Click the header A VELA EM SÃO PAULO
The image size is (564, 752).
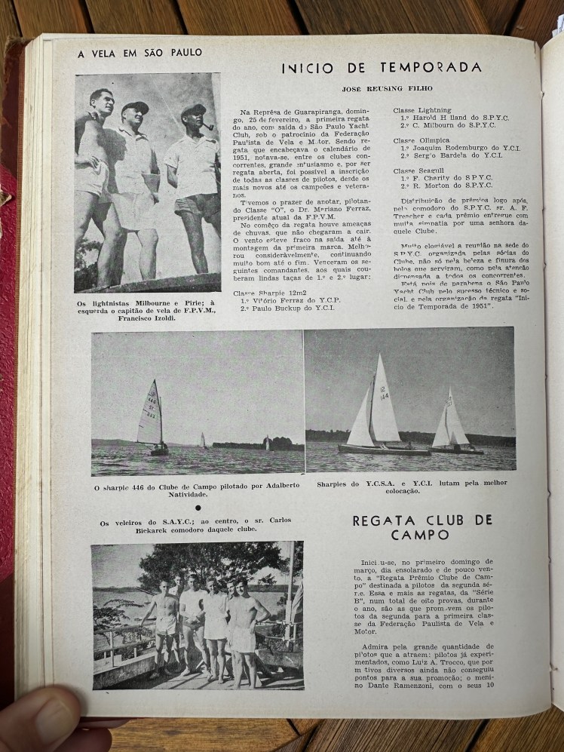[139, 53]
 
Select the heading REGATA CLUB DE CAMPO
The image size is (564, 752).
[421, 527]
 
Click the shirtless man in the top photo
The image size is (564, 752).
[94, 173]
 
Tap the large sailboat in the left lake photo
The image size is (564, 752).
[153, 419]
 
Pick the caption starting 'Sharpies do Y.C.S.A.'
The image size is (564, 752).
[411, 486]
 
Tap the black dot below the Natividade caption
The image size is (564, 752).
[197, 508]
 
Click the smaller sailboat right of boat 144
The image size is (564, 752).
[454, 424]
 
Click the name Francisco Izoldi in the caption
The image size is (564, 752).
[147, 319]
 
